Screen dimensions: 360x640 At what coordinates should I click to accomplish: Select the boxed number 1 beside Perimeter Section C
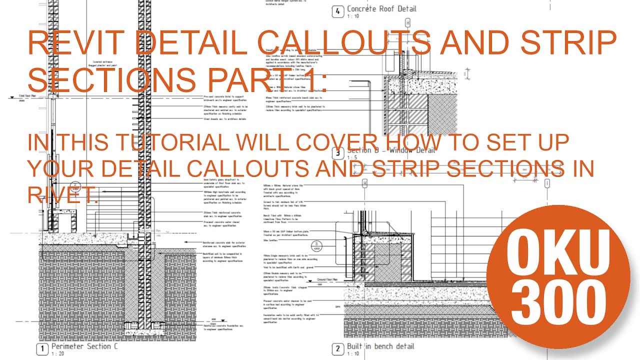tap(43, 348)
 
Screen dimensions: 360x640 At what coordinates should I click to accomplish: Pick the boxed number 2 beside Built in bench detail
tap(338, 348)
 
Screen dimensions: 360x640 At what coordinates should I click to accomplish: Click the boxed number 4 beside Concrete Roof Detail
tap(338, 11)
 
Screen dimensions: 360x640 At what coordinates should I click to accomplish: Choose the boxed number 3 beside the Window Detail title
tap(338, 153)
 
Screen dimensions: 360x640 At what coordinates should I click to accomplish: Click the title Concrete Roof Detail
tap(381, 8)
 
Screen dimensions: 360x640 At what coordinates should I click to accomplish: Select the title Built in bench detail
tap(380, 346)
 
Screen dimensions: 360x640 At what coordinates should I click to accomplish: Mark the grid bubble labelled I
tap(547, 184)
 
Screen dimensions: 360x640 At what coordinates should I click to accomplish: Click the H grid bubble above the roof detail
tap(407, 23)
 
